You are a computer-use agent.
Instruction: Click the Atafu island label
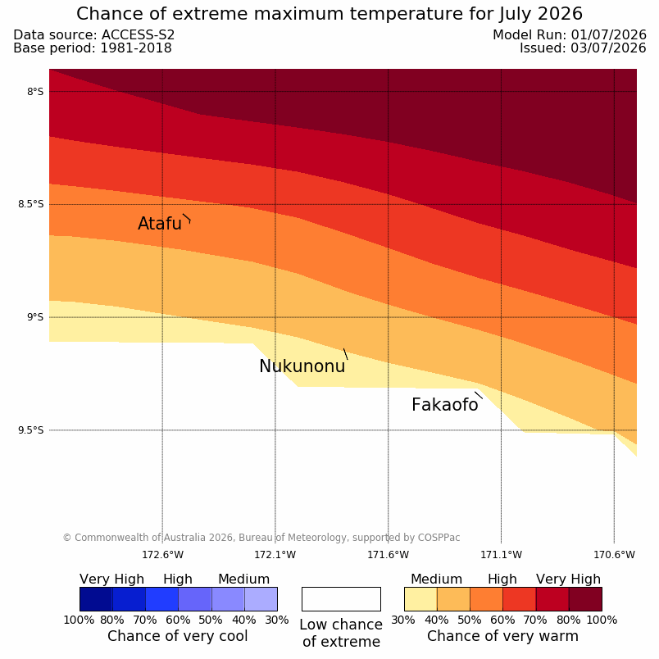[160, 224]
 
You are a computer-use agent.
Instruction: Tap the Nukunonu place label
[302, 366]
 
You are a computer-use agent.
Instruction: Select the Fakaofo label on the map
[444, 405]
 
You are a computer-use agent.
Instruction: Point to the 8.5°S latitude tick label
[30, 204]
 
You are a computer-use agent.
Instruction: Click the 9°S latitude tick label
[35, 317]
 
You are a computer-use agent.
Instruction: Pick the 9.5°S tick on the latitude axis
[30, 430]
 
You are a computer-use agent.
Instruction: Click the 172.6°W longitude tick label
[162, 555]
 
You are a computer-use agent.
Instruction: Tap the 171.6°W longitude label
[388, 555]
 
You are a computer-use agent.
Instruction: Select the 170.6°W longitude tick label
[614, 555]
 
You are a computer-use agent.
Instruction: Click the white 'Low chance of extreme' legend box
[341, 599]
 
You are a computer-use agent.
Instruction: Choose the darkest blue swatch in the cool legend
[96, 599]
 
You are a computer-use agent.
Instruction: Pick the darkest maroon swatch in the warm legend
[585, 599]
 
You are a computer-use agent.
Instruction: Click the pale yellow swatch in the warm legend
[420, 599]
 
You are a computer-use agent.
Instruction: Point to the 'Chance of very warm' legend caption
[502, 636]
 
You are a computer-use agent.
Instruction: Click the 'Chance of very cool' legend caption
[177, 636]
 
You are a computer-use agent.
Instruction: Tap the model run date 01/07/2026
[608, 35]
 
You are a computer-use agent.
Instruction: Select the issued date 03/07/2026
[608, 48]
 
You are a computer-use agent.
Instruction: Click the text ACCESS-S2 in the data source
[138, 35]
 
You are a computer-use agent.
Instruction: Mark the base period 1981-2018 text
[136, 48]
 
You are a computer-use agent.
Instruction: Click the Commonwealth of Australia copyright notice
[261, 538]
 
